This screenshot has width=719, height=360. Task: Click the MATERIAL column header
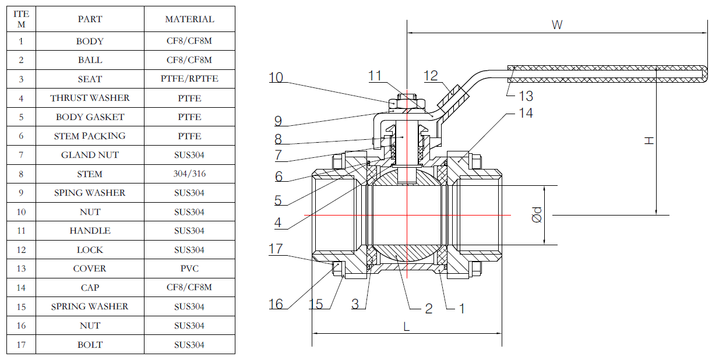pos(189,19)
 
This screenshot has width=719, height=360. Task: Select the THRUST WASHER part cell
pos(90,98)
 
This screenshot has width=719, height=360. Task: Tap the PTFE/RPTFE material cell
pos(189,79)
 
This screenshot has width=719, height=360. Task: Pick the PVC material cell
pos(189,269)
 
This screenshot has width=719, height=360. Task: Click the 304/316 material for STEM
pos(189,174)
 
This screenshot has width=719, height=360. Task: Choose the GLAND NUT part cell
pos(90,155)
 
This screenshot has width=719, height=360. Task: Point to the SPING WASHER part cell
pos(90,193)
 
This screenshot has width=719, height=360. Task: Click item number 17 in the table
pos(21,345)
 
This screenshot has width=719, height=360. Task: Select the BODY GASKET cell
pos(90,117)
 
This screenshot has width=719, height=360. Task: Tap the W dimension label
pos(557,25)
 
